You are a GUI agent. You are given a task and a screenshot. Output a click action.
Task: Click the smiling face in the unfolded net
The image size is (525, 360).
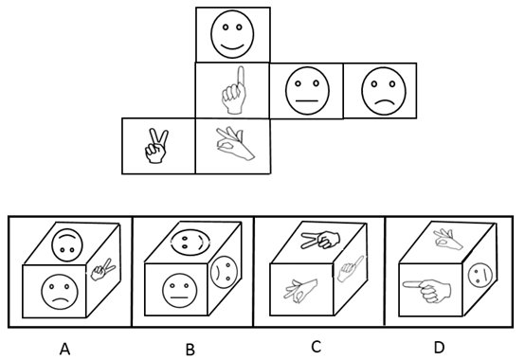pos(232,34)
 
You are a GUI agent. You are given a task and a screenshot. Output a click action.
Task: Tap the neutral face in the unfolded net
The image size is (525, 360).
pos(307,91)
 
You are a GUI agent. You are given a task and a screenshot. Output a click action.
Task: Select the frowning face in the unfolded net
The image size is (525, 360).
pos(384,91)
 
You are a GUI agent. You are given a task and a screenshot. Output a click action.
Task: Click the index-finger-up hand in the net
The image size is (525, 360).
pos(234,90)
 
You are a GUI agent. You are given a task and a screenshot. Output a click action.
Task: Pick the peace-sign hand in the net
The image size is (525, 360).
pos(156,146)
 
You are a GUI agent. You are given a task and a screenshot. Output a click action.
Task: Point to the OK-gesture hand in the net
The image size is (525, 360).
pos(234,143)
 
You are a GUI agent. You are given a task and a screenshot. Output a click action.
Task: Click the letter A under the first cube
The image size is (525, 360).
pos(65,349)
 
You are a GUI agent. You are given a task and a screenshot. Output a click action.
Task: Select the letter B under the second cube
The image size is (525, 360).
pos(190,350)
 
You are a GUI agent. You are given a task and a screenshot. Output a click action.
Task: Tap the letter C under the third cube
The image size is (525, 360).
pos(316,347)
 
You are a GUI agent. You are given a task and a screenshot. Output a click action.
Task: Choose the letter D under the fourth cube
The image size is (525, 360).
pos(439,348)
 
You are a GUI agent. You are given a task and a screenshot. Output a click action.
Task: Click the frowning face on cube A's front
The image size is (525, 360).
pos(60,292)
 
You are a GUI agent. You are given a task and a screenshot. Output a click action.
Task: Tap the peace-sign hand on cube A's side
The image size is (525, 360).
pos(103,269)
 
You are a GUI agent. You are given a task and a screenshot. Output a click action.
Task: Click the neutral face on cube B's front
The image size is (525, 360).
pos(180,291)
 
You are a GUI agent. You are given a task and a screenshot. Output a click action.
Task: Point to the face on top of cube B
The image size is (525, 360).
pos(190,243)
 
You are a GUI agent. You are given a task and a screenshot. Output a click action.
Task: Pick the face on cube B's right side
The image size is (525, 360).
pos(222,272)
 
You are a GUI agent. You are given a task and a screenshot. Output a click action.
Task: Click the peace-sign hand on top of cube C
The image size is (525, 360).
pos(320,240)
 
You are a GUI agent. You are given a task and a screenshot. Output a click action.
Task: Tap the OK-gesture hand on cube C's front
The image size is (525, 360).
pos(301,290)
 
